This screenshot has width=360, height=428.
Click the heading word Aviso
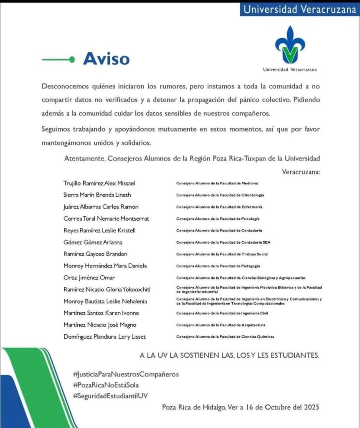106,59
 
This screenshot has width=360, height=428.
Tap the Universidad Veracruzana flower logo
290,45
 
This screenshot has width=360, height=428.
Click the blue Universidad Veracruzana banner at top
299,9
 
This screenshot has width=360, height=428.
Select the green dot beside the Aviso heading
72,60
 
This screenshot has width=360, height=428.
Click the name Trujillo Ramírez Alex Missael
99,183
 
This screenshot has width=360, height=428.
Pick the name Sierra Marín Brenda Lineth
97,195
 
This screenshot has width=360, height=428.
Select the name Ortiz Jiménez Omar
89,278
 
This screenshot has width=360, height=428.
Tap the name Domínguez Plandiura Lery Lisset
104,336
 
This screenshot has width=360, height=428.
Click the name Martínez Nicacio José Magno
100,325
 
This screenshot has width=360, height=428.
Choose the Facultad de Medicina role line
217,183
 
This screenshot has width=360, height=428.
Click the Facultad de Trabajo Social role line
222,254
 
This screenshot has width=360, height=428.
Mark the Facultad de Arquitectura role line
221,325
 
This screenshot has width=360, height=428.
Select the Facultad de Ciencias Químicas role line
225,336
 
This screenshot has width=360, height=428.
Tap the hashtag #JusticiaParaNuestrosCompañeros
125,374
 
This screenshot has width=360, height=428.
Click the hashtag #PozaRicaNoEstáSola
105,385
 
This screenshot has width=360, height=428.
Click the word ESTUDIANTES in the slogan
293,355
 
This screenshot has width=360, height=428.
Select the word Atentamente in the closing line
84,159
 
